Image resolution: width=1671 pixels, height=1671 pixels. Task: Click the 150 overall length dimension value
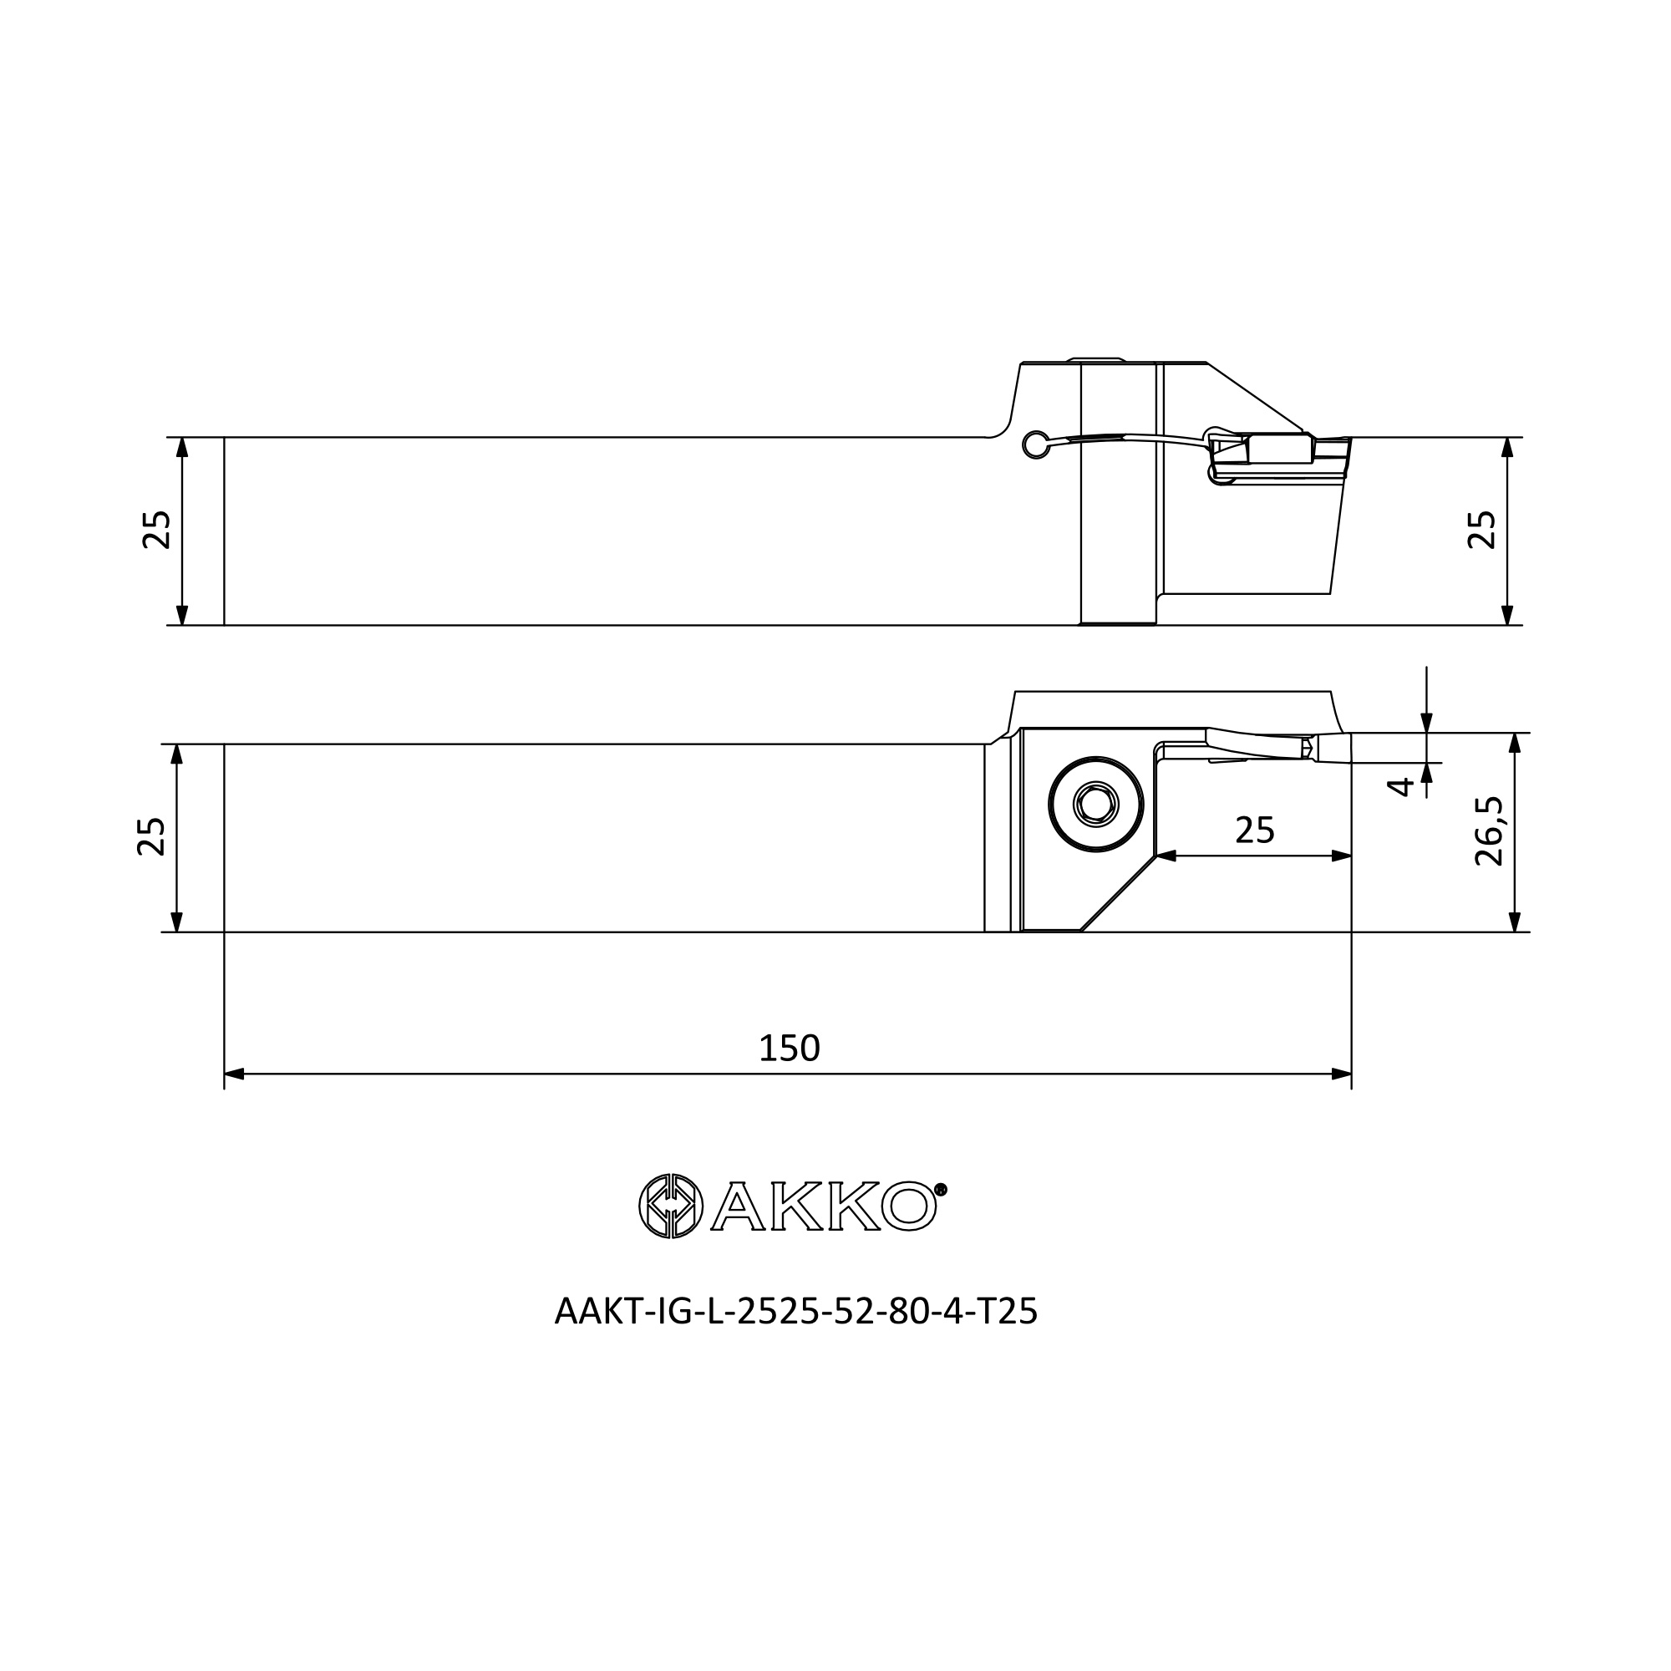(x=789, y=1049)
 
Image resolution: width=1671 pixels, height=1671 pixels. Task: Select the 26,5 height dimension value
(x=1489, y=832)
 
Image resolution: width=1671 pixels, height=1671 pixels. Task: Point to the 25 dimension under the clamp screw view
(x=1255, y=830)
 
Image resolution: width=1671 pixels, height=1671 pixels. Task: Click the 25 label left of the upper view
(x=156, y=531)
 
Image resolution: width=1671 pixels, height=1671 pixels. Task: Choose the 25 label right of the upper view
(x=1481, y=530)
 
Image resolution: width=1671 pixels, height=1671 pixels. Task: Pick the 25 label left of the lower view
(x=151, y=836)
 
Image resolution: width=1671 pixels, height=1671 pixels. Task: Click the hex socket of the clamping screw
(x=1096, y=805)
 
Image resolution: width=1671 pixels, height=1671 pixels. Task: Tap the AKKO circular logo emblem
(x=670, y=1206)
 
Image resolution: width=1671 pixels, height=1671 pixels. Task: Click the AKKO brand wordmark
(x=825, y=1206)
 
